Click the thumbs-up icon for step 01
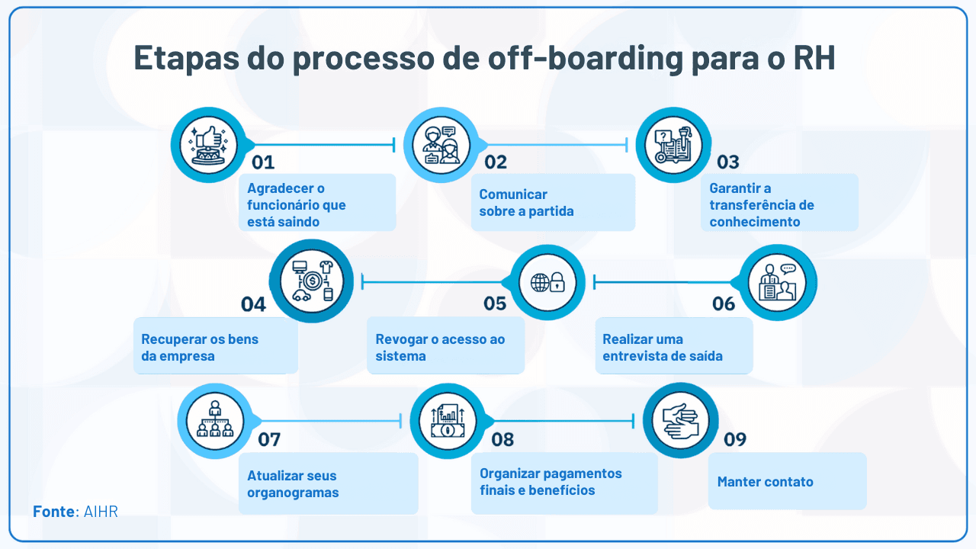click(x=207, y=145)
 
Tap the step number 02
click(x=495, y=162)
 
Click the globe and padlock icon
click(x=547, y=282)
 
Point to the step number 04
click(x=253, y=304)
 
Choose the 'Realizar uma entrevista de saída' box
click(x=673, y=347)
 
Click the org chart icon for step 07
click(x=214, y=420)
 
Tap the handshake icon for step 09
click(x=680, y=420)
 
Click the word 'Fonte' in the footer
click(x=54, y=511)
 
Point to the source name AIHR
click(x=101, y=511)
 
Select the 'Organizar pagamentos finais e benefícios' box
click(x=563, y=482)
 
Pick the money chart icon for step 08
click(x=448, y=420)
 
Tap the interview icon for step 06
click(x=779, y=282)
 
